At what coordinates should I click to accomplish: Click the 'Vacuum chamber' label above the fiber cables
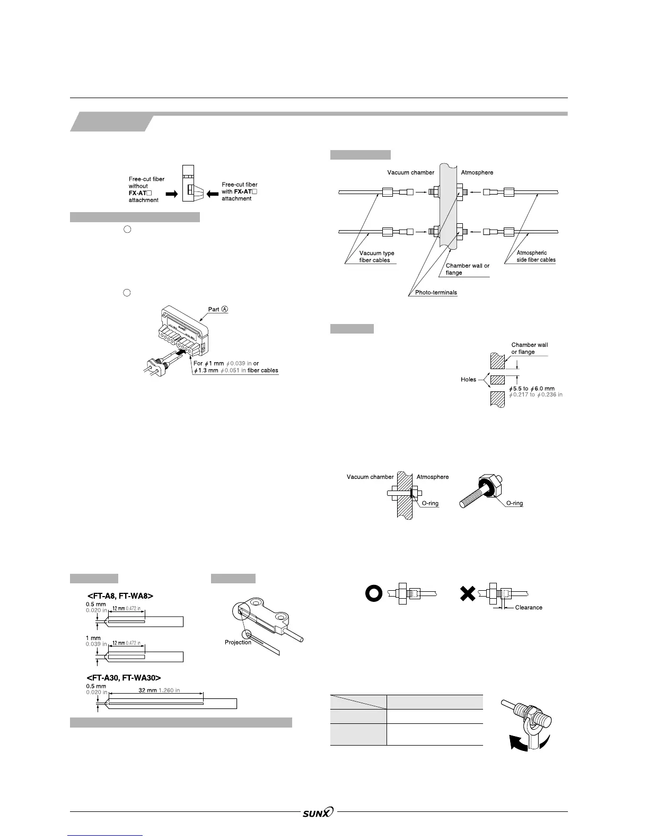pos(410,172)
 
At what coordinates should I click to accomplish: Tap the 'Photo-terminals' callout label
pos(436,293)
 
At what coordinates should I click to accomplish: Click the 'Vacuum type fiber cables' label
pos(376,257)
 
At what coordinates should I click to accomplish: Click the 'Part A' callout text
pos(218,310)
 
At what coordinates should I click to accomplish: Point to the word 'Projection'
pos(238,642)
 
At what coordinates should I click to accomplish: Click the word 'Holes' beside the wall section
pos(469,380)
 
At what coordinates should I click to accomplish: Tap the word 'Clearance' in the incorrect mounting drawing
pos(529,607)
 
